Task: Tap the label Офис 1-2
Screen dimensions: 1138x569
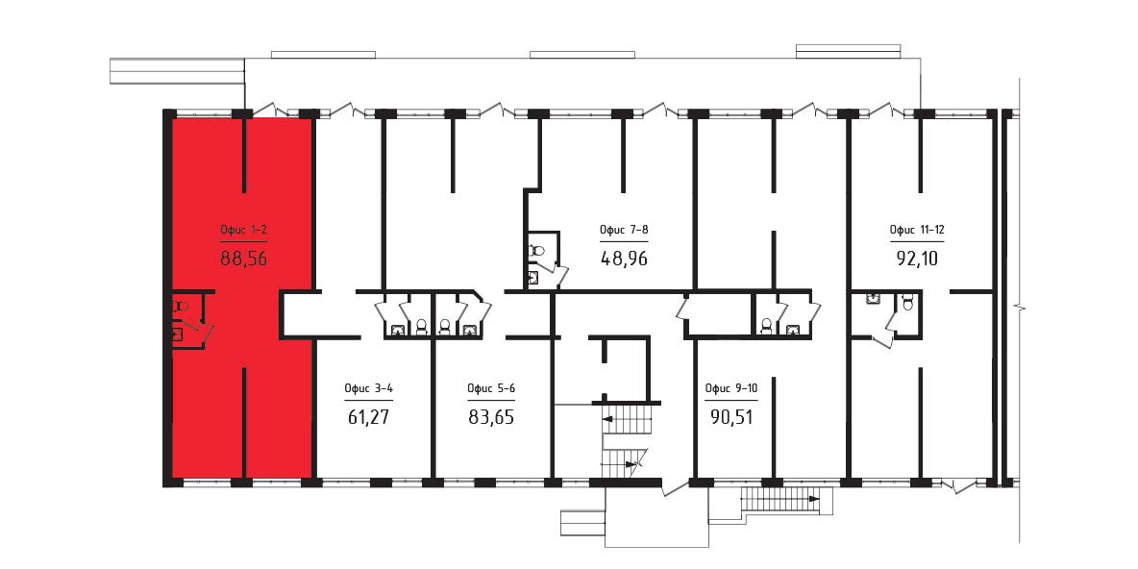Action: (x=244, y=231)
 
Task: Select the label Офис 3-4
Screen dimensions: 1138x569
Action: (x=369, y=388)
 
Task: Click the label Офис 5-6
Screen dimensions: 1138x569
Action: (x=491, y=388)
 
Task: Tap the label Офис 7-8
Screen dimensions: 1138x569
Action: (x=624, y=231)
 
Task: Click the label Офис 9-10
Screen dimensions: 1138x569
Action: (x=730, y=388)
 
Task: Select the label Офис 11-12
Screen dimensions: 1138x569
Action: (x=917, y=231)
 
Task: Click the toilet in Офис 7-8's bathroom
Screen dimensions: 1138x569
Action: (x=536, y=250)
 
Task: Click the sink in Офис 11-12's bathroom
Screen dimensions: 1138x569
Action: (x=873, y=298)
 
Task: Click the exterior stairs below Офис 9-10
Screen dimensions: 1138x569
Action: (x=779, y=500)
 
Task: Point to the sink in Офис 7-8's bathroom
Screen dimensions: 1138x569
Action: (x=534, y=277)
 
